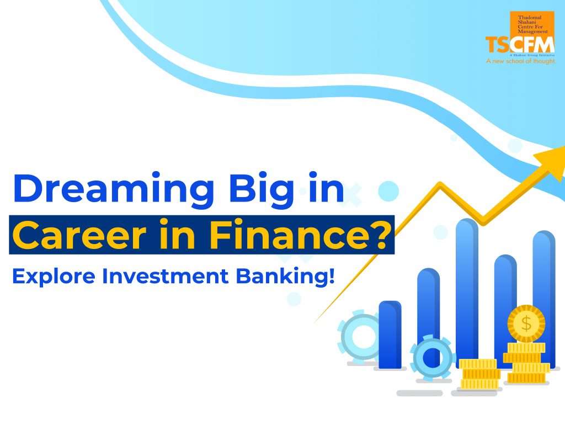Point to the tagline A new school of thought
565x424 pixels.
click(520, 62)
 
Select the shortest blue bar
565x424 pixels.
click(390, 335)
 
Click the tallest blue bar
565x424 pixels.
click(467, 287)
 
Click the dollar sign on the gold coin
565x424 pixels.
click(526, 324)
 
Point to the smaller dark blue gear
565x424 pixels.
click(430, 356)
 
